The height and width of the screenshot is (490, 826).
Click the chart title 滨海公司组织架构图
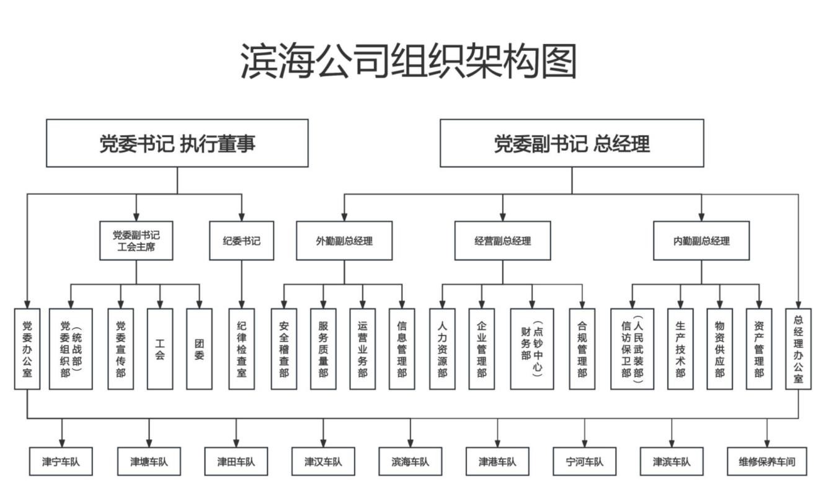point(409,61)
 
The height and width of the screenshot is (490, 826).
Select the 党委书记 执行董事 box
point(177,143)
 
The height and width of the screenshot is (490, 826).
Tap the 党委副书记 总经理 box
point(572,143)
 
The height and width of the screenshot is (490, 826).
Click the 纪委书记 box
point(242,241)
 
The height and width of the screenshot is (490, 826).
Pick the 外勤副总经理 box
point(344,241)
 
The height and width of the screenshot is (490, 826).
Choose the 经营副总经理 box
point(503,241)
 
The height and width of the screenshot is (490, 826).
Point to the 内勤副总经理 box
point(701,241)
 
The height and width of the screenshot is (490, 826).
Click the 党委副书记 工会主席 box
point(136,241)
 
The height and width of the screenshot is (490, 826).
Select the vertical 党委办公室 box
point(27,349)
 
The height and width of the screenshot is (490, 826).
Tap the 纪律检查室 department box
point(242,349)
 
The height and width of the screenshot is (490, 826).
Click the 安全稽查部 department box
point(284,349)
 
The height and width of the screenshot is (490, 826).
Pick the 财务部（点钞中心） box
point(532,349)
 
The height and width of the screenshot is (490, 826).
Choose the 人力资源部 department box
point(442,349)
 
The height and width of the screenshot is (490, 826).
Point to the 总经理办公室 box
point(798,349)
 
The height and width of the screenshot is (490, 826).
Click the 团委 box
point(199,349)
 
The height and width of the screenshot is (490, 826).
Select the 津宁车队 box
point(61,461)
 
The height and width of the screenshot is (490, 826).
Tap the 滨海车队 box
point(410,461)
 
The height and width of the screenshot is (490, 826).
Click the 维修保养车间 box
point(767,461)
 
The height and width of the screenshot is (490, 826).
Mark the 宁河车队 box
point(585,461)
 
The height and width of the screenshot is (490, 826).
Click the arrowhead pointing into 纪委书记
point(242,216)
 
